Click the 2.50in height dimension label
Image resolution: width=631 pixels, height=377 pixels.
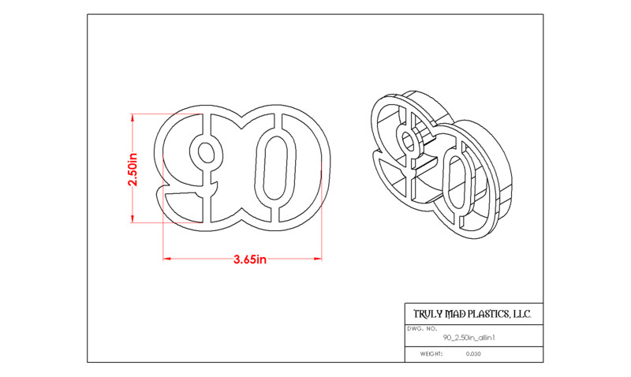point(133,170)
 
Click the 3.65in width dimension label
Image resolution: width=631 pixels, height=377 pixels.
point(250,259)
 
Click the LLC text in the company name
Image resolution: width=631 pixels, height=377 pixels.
point(521,314)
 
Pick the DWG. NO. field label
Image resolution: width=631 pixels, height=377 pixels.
point(422,329)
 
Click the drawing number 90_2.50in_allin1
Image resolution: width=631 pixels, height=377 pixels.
point(469,338)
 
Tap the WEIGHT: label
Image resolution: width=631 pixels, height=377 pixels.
point(431,354)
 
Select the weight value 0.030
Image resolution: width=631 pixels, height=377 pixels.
point(473,354)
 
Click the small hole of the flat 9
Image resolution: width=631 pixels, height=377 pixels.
point(207,152)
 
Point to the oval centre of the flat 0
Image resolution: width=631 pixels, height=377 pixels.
point(275,167)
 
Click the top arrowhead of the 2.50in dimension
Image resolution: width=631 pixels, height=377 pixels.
point(133,117)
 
